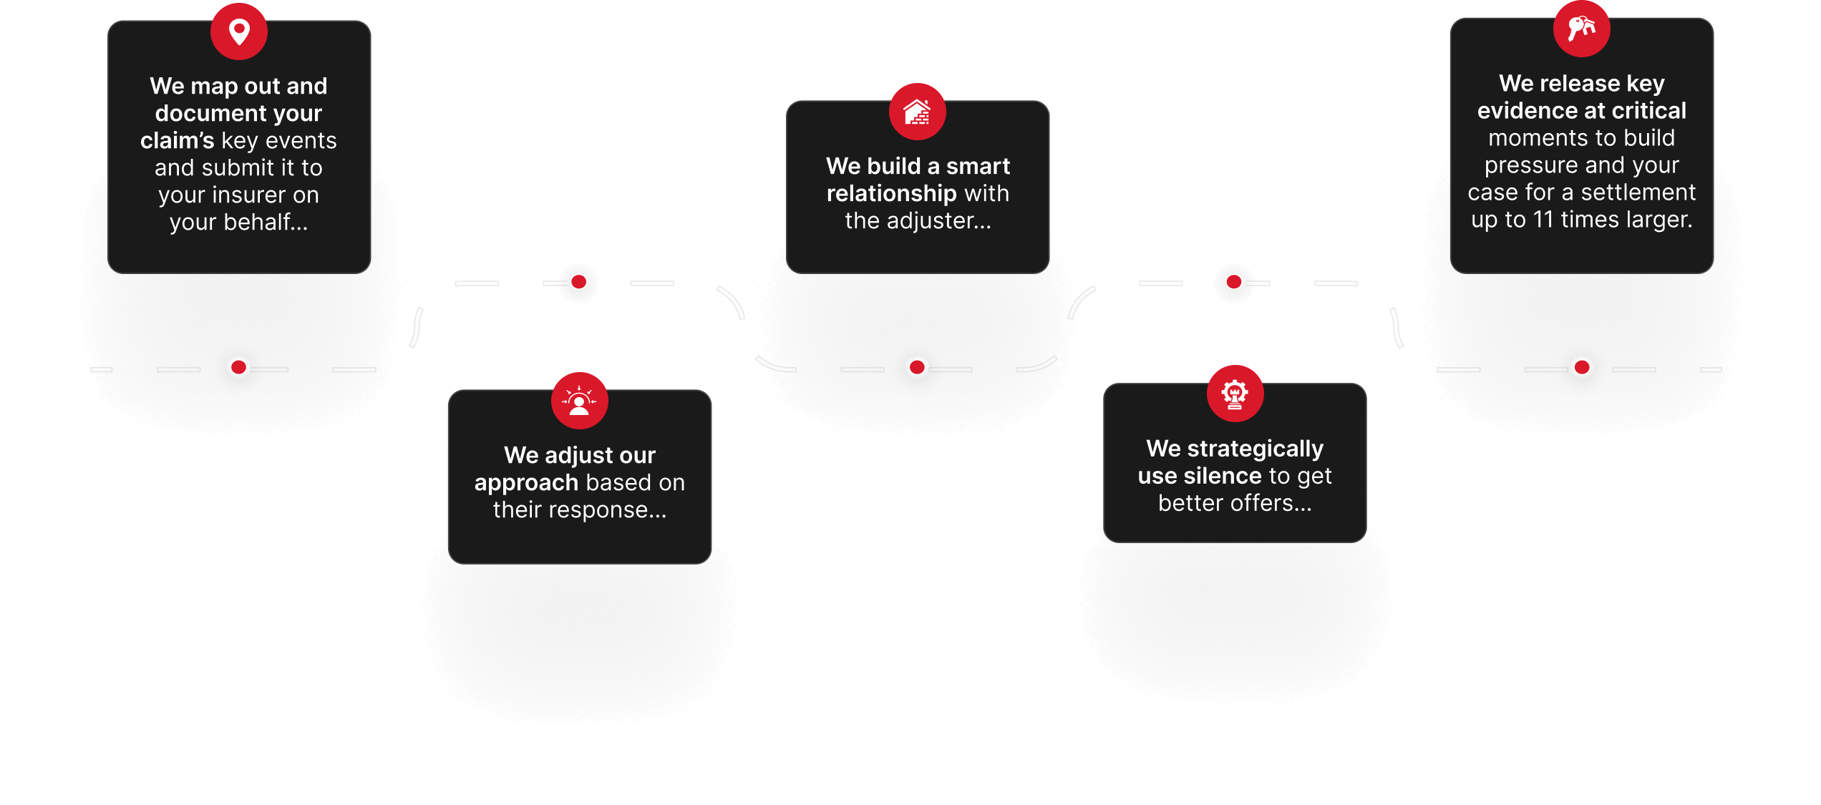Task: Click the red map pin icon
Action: coord(239,31)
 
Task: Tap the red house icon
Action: coord(917,112)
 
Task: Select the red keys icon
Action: coord(1581,29)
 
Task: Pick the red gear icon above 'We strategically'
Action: coord(1235,394)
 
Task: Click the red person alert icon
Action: coord(579,401)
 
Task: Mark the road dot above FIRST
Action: coord(238,368)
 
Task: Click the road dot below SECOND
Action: coord(579,282)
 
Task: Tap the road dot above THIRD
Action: coord(916,368)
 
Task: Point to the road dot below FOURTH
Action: coord(1234,282)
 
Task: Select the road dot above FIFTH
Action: coord(1581,368)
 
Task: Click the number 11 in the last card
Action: coord(1543,220)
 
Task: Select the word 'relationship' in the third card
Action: coord(891,193)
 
